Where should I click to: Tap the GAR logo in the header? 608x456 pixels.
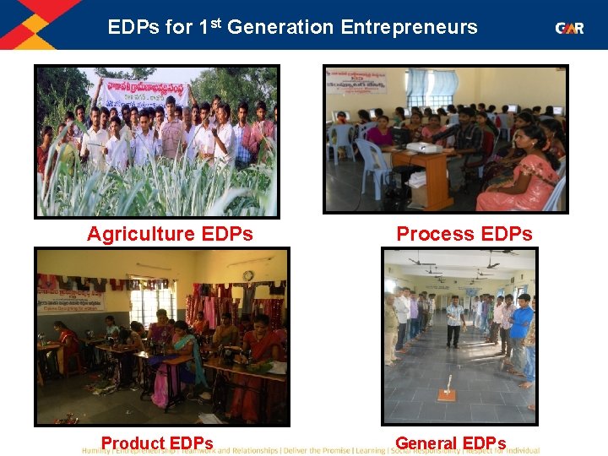click(x=568, y=28)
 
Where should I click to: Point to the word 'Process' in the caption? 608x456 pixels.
click(x=433, y=234)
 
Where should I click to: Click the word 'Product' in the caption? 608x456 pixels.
click(x=133, y=443)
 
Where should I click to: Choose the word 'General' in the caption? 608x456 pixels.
click(x=427, y=443)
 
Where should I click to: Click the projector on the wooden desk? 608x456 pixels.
click(x=420, y=147)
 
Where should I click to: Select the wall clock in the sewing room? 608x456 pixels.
click(x=247, y=275)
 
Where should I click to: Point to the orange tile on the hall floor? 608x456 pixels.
click(x=446, y=394)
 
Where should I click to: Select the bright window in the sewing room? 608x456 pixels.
click(x=154, y=300)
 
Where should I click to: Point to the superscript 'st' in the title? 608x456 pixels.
click(x=214, y=20)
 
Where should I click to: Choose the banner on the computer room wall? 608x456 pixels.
click(x=356, y=81)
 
